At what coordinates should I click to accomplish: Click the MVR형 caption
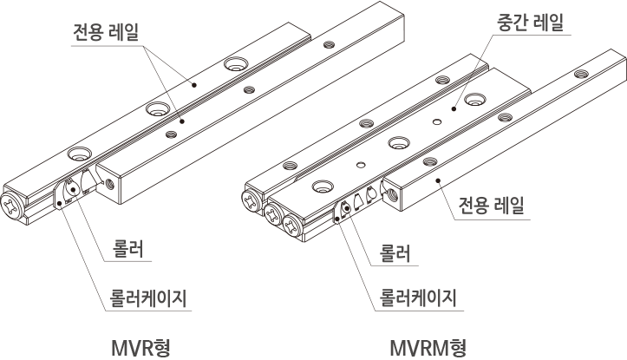[x=140, y=348]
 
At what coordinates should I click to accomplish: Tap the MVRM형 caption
[x=428, y=348]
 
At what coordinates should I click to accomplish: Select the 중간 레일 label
[x=530, y=23]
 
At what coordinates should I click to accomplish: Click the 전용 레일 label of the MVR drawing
[x=106, y=32]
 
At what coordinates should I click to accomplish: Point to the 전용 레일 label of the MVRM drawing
[x=491, y=206]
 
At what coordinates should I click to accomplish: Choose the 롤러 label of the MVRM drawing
[x=395, y=253]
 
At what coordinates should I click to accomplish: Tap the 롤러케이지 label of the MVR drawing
[x=148, y=298]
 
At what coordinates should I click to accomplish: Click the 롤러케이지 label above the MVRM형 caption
[x=418, y=298]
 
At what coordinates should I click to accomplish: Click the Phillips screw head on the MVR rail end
[x=12, y=206]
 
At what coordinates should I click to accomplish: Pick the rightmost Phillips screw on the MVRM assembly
[x=293, y=226]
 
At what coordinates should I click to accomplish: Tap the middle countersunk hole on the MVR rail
[x=158, y=108]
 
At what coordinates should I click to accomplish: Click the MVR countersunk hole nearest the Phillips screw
[x=80, y=154]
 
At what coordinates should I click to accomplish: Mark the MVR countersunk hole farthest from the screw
[x=236, y=63]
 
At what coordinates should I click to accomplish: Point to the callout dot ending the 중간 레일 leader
[x=454, y=108]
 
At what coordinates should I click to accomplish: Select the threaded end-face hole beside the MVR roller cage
[x=109, y=185]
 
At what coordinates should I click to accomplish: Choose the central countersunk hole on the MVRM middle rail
[x=399, y=143]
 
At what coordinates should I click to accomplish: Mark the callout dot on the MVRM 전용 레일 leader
[x=438, y=180]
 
